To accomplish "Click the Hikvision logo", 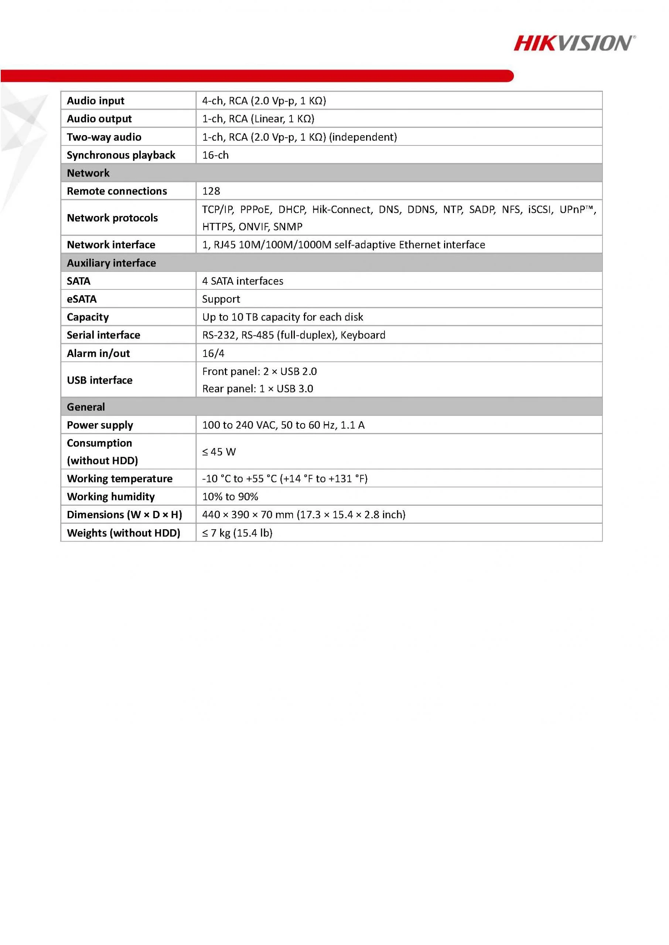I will tap(574, 43).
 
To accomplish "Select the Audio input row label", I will tap(96, 101).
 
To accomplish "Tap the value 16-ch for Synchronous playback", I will tap(215, 155).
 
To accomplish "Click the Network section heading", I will tap(88, 173).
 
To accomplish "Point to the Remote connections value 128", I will tap(211, 191).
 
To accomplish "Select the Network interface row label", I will tap(111, 245).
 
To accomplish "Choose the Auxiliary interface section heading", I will tap(111, 263).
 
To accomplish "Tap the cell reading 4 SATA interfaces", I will tap(243, 281).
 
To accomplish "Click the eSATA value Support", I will tap(221, 299).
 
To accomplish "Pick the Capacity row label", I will tap(88, 317).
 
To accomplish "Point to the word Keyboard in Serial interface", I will tap(362, 335).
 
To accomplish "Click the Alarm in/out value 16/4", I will tap(213, 353).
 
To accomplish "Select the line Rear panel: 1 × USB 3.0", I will tap(257, 389).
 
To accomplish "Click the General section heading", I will tap(86, 407).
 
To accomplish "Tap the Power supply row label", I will tap(100, 425).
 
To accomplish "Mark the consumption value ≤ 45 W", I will tap(219, 452).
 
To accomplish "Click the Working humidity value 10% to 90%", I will tap(230, 497).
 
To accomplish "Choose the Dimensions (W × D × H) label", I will tap(124, 515).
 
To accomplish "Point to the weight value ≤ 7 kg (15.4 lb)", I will tap(237, 533).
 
